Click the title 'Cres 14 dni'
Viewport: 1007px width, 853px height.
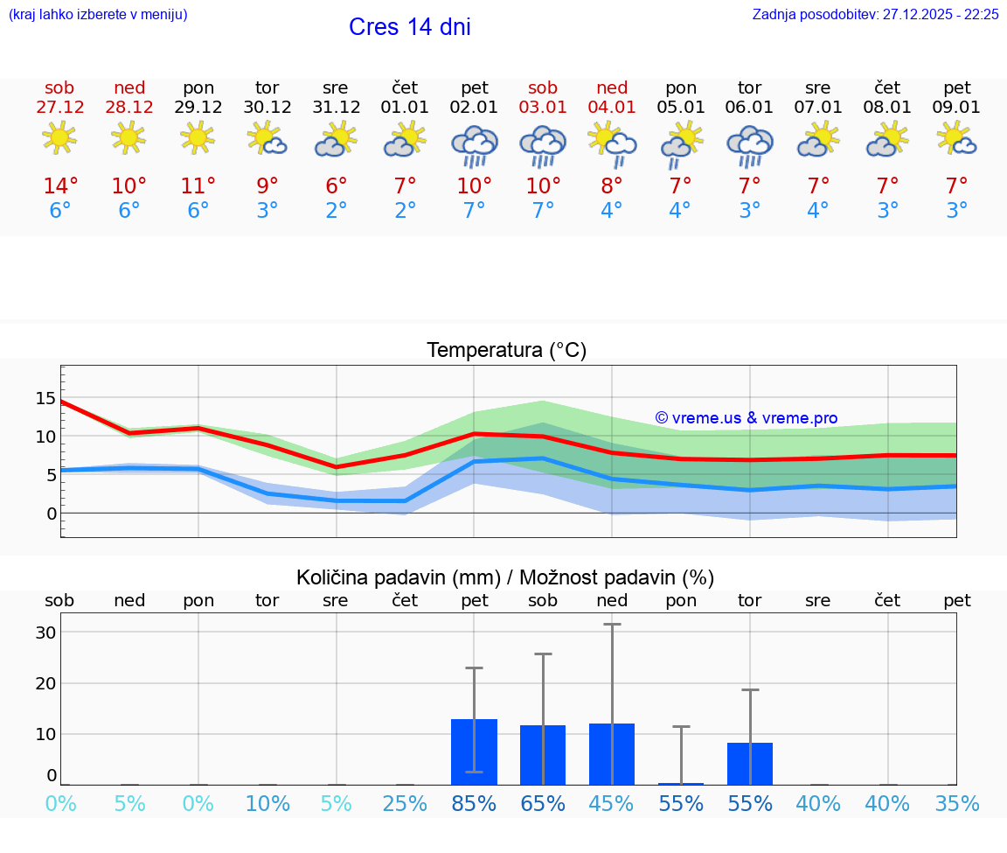[x=409, y=27]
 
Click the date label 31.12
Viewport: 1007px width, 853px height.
[x=336, y=108]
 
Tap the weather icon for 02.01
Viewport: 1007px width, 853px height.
[x=474, y=145]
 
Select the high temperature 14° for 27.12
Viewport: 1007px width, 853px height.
[x=60, y=186]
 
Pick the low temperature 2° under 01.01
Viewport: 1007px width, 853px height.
[x=405, y=211]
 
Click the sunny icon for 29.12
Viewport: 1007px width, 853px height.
[x=198, y=137]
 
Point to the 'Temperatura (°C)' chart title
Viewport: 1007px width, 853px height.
[x=506, y=351]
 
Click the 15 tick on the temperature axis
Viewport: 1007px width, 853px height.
[x=45, y=398]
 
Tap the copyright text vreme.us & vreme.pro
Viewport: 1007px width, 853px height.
[x=746, y=418]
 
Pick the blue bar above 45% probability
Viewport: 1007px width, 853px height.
[x=612, y=753]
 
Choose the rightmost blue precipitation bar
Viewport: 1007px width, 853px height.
[x=750, y=763]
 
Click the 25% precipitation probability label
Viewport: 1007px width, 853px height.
[x=405, y=804]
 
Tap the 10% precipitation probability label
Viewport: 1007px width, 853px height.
[x=267, y=804]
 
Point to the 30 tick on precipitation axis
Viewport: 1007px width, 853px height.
[x=45, y=633]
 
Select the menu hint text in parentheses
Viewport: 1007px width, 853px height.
[x=98, y=15]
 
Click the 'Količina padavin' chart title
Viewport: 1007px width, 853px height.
[x=505, y=577]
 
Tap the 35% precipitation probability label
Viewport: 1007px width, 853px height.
[x=956, y=804]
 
